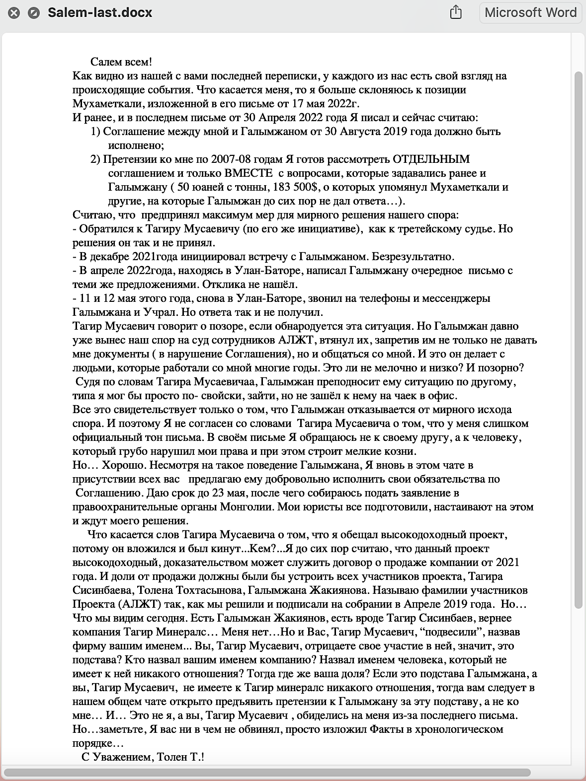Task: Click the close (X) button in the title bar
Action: [x=14, y=13]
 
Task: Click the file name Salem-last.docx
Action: [x=100, y=13]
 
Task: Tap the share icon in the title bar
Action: [x=456, y=12]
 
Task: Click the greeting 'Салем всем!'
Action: [x=121, y=62]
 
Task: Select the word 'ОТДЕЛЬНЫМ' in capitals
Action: [x=431, y=159]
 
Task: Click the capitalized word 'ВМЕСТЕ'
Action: [x=249, y=173]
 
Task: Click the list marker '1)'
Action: [x=95, y=132]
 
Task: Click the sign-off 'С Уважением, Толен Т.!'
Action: [x=143, y=757]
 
